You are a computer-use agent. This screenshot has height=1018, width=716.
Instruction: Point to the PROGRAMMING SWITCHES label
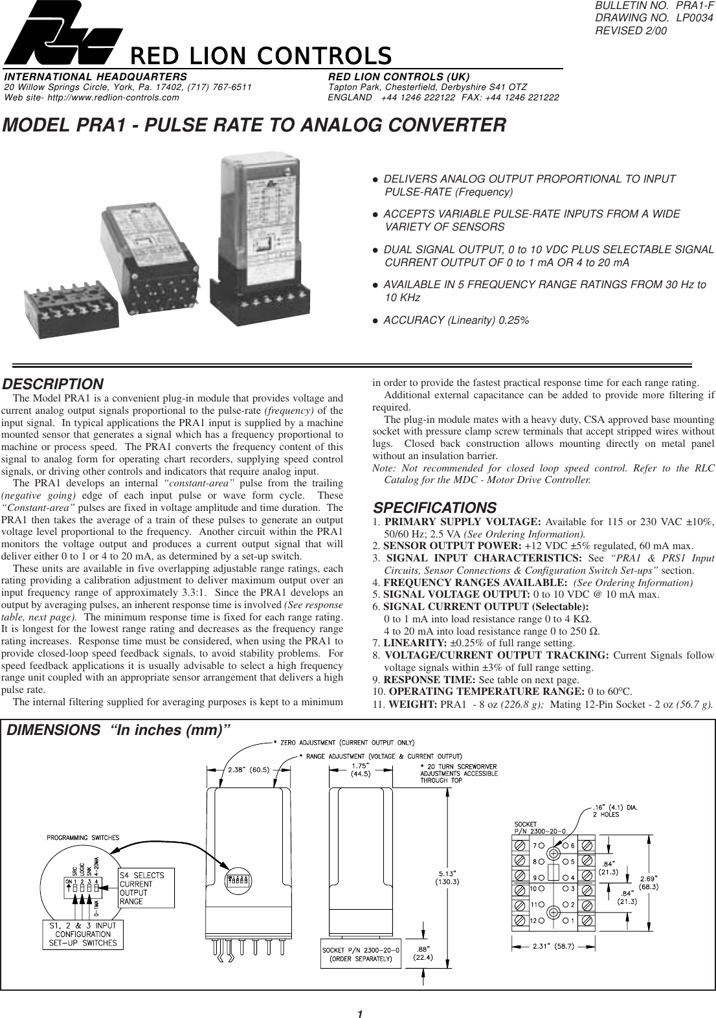click(x=83, y=837)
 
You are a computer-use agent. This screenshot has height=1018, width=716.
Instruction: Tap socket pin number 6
click(x=572, y=845)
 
